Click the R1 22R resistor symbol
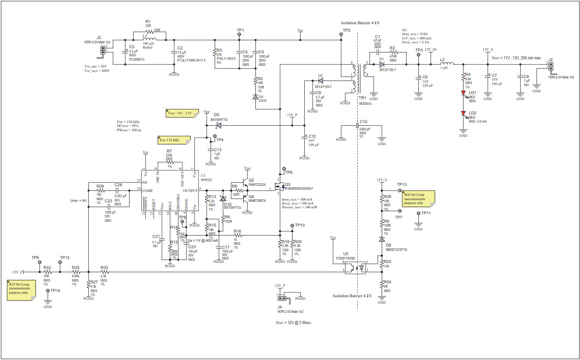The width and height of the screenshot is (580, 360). point(148,32)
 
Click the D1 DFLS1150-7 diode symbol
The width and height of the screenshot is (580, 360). point(382,63)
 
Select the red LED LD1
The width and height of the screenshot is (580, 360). point(463,93)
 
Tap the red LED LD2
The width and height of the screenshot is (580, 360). point(463,113)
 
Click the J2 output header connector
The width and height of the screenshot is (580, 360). point(551,66)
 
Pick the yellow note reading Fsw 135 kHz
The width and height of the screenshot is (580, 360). point(174,140)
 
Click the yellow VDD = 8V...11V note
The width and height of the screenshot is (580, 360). point(179,114)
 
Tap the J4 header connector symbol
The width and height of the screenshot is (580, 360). point(282,298)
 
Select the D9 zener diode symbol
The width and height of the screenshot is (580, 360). point(381,239)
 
